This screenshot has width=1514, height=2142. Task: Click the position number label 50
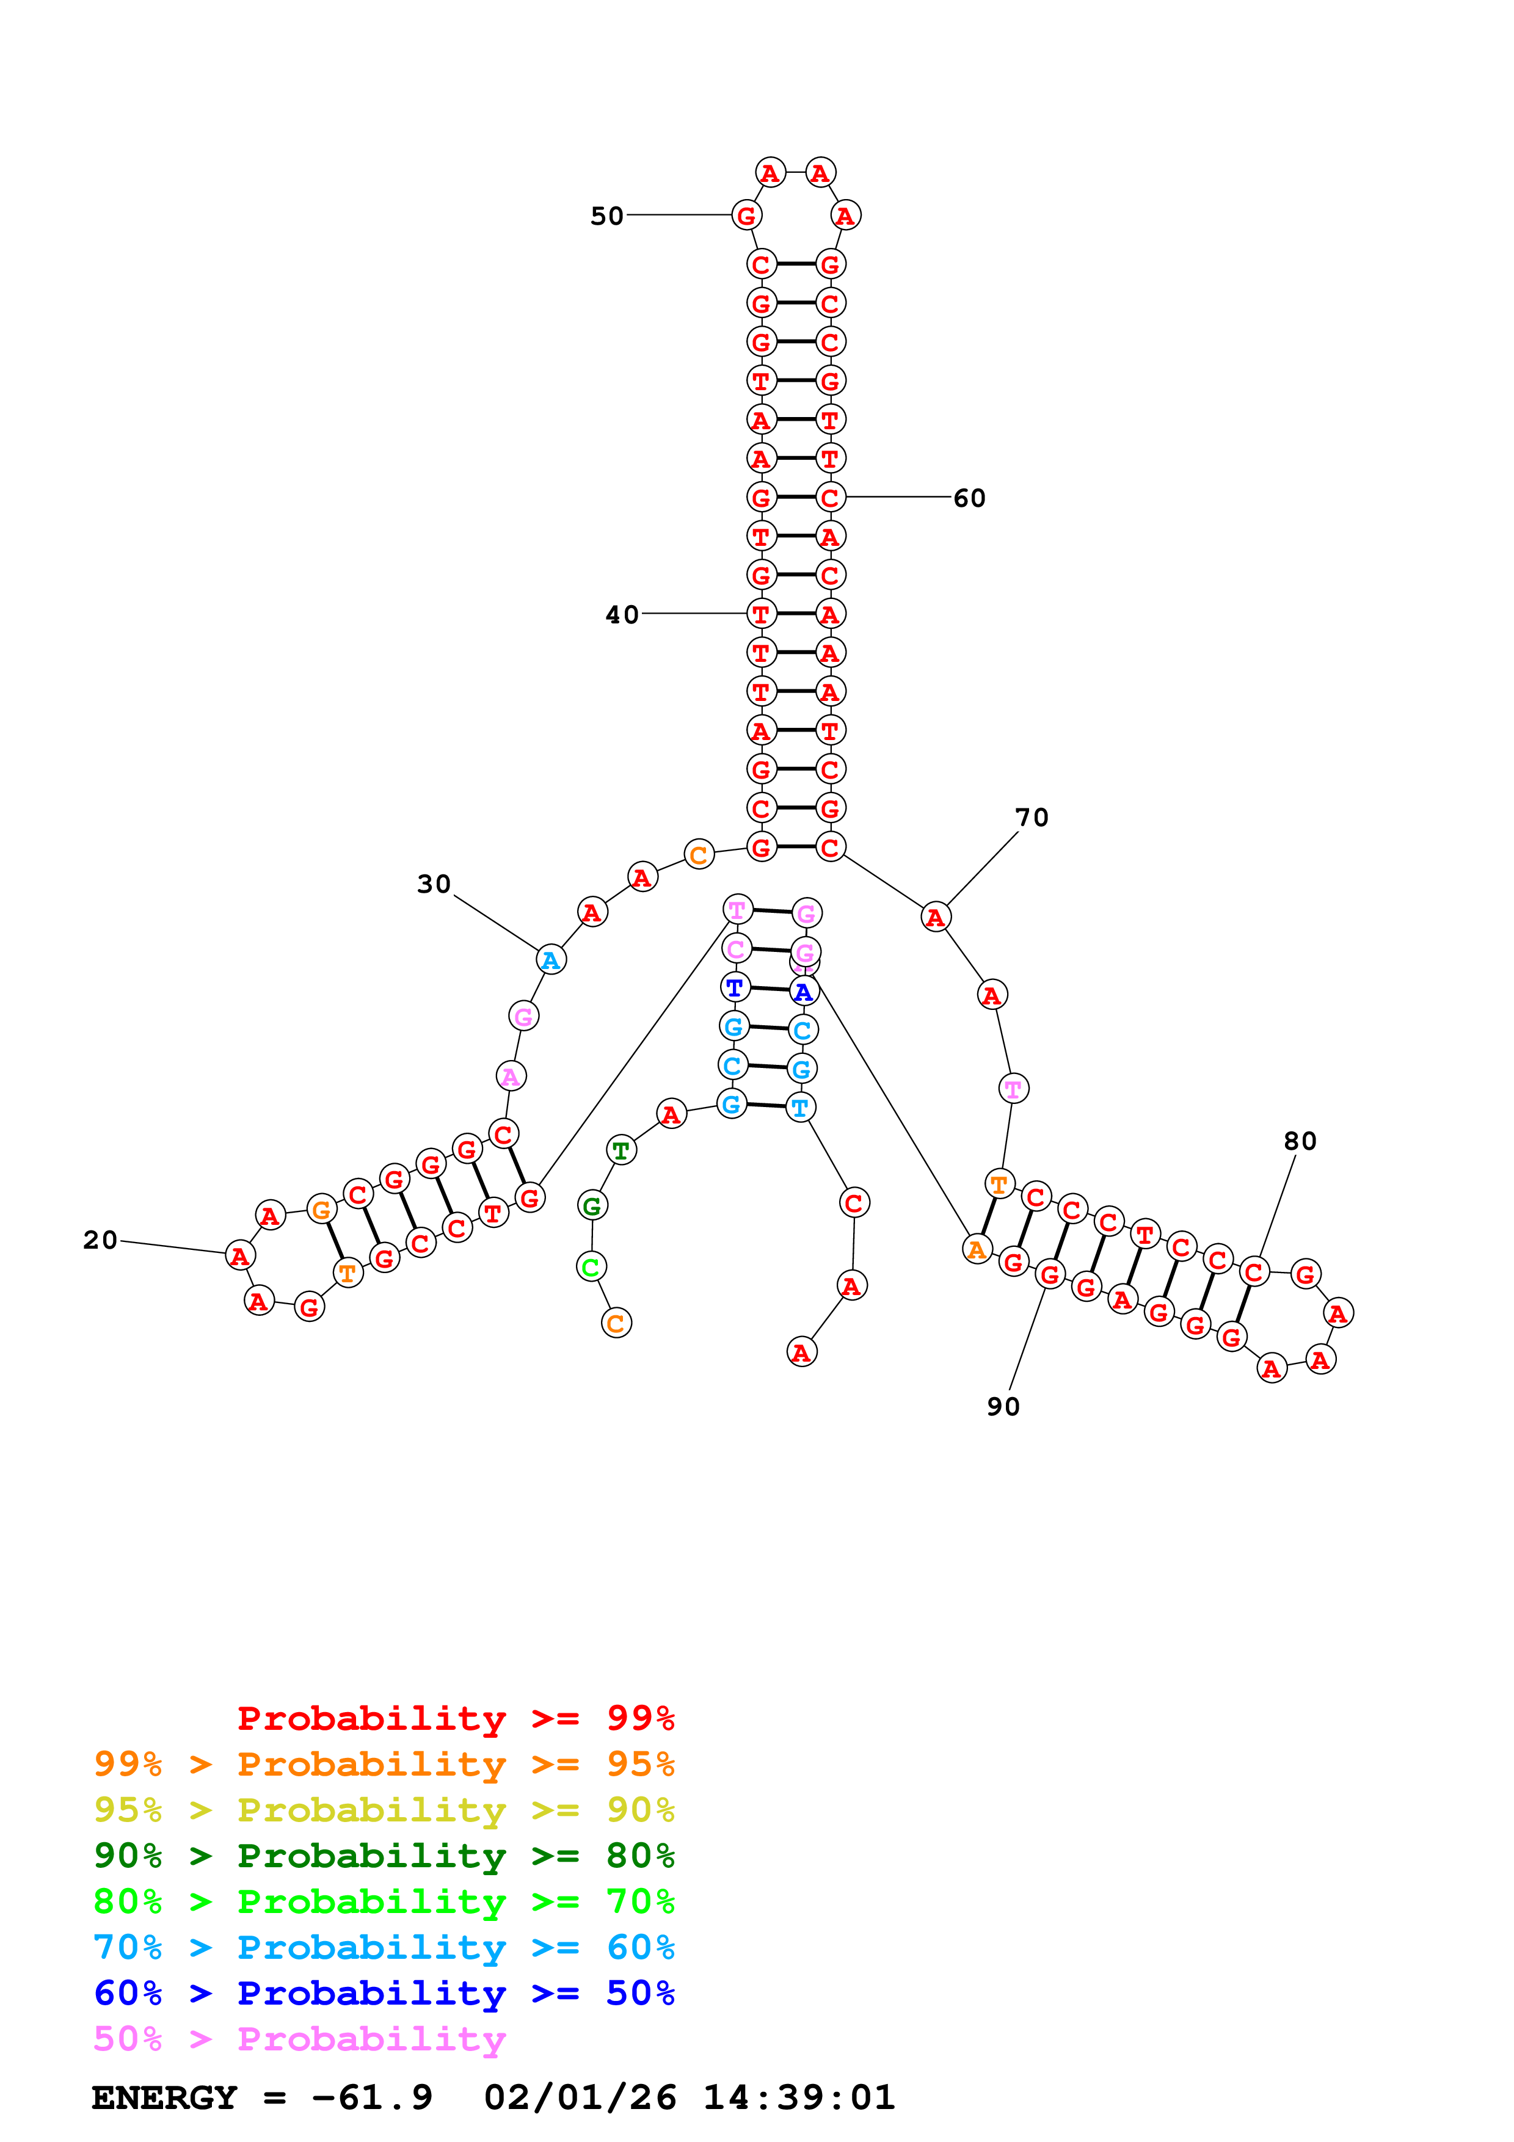coord(606,216)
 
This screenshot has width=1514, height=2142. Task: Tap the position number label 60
coord(969,498)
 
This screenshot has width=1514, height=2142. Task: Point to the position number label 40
coord(622,615)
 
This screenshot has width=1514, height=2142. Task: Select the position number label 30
coord(434,884)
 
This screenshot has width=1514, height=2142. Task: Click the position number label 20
coord(101,1240)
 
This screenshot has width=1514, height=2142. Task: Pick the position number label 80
coord(1300,1141)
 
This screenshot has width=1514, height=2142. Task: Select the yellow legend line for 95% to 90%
coord(384,1810)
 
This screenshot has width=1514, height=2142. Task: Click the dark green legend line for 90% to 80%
coord(384,1856)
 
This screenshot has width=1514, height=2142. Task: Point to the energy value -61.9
coord(372,2097)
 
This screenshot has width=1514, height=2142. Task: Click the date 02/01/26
coord(580,2097)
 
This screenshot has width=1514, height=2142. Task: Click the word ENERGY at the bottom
coord(164,2097)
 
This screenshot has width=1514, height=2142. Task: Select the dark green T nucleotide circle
coord(621,1150)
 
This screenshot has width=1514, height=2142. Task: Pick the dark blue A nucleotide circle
coord(803,992)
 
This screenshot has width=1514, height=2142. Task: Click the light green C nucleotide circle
coord(591,1267)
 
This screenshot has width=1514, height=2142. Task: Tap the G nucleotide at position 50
coord(746,216)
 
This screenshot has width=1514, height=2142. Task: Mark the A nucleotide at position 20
coord(241,1256)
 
